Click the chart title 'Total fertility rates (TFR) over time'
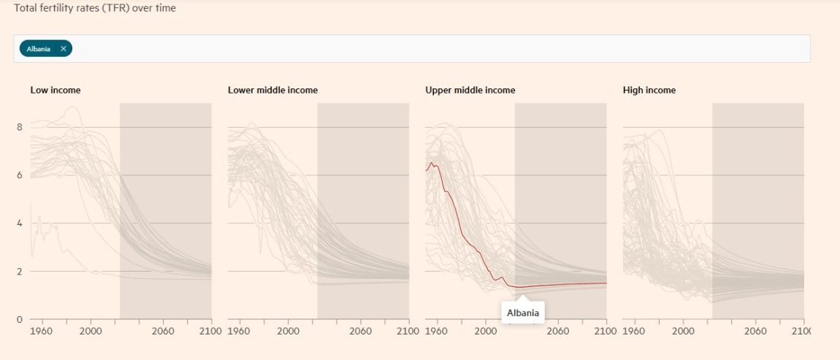pos(94,9)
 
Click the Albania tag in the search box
pos(39,49)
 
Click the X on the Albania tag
pos(64,49)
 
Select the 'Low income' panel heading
pos(55,91)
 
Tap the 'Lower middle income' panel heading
pos(272,91)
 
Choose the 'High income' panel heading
pos(649,91)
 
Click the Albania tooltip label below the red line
pos(522,313)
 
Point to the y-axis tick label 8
pos(20,127)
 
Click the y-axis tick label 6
pos(20,175)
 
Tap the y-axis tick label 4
pos(20,223)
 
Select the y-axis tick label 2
pos(20,272)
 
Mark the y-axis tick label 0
pos(20,319)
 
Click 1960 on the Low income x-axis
pos(42,331)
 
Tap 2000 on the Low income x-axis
pos(91,331)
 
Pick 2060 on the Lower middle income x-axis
pos(361,331)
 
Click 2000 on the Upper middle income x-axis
pos(486,331)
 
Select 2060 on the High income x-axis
pos(755,331)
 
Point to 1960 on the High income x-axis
pos(634,331)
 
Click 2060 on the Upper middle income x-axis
pos(558,331)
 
